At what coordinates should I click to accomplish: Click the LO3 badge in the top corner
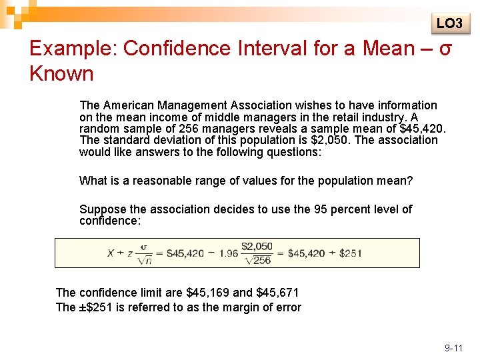click(x=449, y=24)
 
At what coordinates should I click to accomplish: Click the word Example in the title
click(x=74, y=49)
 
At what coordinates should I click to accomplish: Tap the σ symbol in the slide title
click(x=447, y=49)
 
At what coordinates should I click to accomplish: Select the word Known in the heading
click(x=61, y=74)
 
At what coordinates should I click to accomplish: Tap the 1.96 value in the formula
click(x=229, y=253)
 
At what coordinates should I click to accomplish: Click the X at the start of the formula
click(x=111, y=253)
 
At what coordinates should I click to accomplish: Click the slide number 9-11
click(x=453, y=348)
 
